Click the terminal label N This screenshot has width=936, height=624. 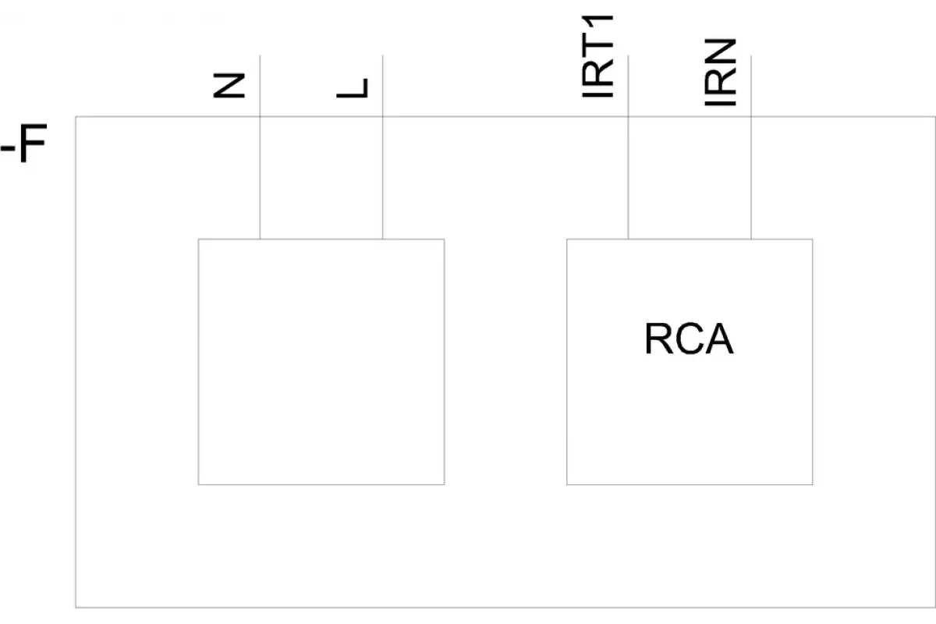(229, 86)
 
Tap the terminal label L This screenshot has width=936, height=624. (353, 88)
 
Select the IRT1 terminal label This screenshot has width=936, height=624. (597, 56)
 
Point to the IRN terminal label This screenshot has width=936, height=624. (721, 73)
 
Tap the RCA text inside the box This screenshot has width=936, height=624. (689, 339)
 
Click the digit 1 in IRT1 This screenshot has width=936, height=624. (597, 24)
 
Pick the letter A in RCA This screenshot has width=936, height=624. (718, 339)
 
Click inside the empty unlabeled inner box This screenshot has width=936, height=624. (321, 362)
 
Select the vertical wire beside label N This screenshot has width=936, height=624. (260, 147)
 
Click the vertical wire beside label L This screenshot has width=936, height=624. (383, 147)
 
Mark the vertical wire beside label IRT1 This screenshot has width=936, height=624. (629, 147)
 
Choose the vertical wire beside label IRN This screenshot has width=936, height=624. (751, 147)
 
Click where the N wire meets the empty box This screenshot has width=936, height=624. (260, 239)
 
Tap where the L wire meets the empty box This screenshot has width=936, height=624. (383, 239)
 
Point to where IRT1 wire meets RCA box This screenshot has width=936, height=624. (629, 239)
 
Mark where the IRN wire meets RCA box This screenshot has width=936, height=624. (751, 239)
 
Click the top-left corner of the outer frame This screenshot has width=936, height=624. (76, 116)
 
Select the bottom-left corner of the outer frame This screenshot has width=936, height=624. (76, 608)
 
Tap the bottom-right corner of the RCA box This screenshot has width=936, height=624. (813, 485)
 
